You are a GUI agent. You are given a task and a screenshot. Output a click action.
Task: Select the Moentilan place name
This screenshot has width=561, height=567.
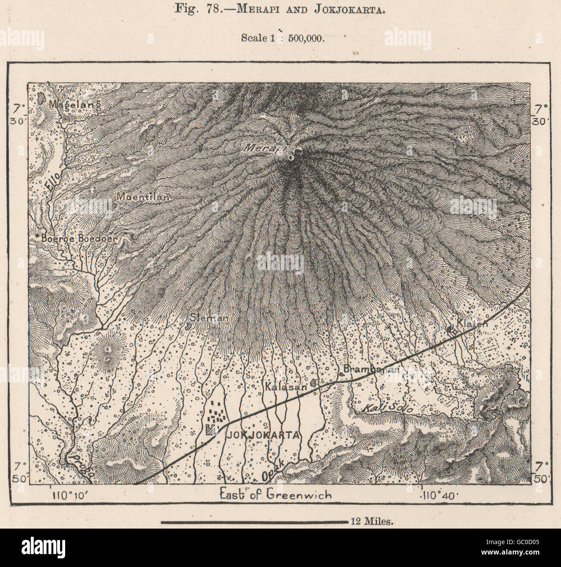coord(143,196)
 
